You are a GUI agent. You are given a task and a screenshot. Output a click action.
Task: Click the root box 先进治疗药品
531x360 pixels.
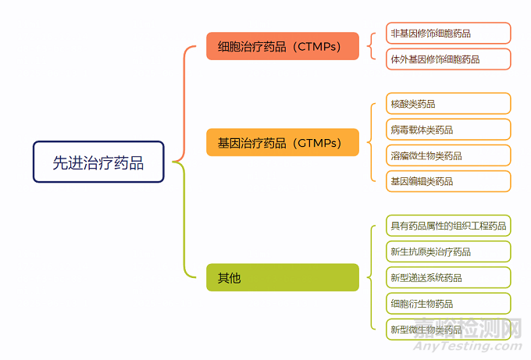[98, 162]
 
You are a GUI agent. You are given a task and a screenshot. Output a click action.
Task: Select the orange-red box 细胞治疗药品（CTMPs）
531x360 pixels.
[283, 46]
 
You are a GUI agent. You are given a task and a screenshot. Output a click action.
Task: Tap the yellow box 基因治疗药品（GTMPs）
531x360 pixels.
[283, 142]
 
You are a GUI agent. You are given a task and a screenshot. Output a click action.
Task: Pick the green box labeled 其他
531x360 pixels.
[283, 277]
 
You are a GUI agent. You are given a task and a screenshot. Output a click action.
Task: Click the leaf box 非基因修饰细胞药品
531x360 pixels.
[448, 33]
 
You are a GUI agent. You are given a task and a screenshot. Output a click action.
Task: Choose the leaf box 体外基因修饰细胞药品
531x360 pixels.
[448, 59]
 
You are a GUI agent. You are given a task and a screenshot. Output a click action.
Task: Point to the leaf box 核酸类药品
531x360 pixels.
[448, 104]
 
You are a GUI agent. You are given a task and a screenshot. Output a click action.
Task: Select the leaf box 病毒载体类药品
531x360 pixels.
[448, 130]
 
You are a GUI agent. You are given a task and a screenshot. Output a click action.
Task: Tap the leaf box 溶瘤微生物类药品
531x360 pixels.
[448, 155]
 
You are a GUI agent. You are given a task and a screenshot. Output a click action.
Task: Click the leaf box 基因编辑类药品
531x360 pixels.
[448, 181]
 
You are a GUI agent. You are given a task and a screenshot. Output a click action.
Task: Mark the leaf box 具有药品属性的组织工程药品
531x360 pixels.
[448, 226]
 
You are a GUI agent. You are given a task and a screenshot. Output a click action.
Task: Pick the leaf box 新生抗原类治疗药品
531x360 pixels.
[448, 251]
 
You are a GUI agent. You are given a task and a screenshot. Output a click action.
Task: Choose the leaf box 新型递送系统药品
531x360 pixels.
[448, 277]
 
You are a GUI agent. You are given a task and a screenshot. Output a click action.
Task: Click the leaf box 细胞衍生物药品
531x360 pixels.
[448, 303]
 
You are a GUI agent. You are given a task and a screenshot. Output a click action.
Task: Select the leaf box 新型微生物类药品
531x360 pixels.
[448, 329]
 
